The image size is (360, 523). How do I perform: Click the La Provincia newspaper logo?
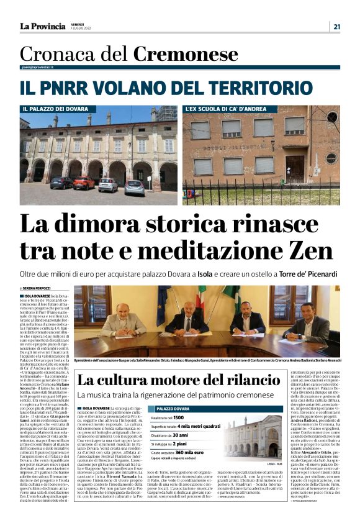[x=42, y=27]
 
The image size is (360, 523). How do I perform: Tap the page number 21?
[x=336, y=27]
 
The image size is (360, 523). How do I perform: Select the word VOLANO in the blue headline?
[x=115, y=86]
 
